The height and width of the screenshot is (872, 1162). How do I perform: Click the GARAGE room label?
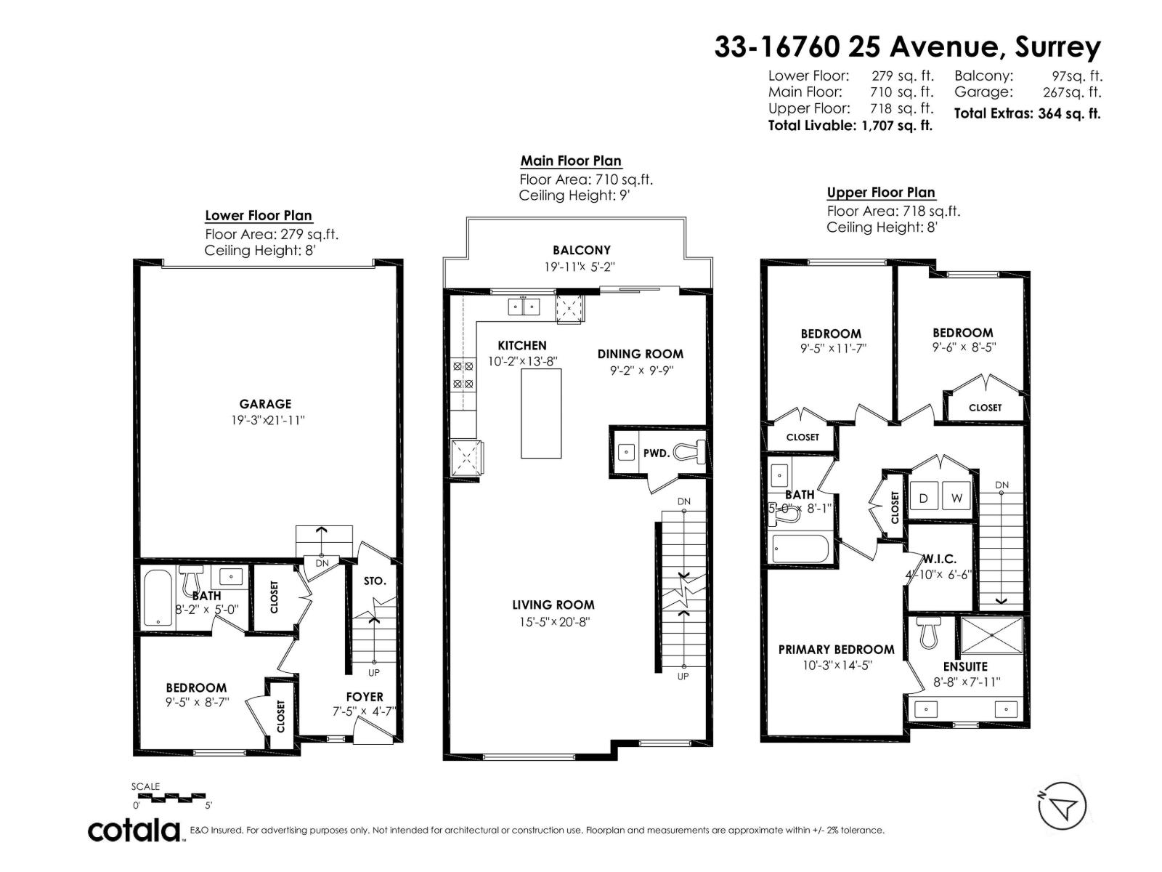pyautogui.click(x=265, y=404)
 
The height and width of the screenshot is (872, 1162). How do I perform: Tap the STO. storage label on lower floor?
pyautogui.click(x=375, y=581)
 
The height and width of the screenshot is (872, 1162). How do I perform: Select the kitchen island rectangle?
pyautogui.click(x=541, y=413)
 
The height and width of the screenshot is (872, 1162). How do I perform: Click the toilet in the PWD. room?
pyautogui.click(x=690, y=453)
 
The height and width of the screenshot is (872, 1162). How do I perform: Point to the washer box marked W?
pyautogui.click(x=956, y=498)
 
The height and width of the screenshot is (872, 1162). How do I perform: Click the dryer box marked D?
pyautogui.click(x=924, y=498)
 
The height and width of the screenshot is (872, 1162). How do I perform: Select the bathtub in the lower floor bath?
pyautogui.click(x=157, y=598)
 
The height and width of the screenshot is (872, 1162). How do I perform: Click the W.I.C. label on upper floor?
pyautogui.click(x=940, y=559)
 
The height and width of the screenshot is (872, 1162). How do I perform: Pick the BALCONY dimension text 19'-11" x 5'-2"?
pyautogui.click(x=580, y=267)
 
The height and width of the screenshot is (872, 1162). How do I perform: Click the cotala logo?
pyautogui.click(x=135, y=830)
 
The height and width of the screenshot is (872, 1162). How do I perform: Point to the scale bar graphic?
pyautogui.click(x=171, y=797)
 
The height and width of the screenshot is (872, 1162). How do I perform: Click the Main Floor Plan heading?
pyautogui.click(x=571, y=161)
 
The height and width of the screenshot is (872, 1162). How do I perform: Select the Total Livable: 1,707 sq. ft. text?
pyautogui.click(x=850, y=125)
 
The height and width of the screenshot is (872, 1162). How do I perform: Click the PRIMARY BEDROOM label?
pyautogui.click(x=836, y=649)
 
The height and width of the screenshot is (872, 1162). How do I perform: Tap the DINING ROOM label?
pyautogui.click(x=640, y=354)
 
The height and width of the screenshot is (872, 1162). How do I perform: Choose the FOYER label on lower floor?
pyautogui.click(x=365, y=697)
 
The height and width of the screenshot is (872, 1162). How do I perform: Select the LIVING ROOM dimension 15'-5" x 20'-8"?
pyautogui.click(x=553, y=622)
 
